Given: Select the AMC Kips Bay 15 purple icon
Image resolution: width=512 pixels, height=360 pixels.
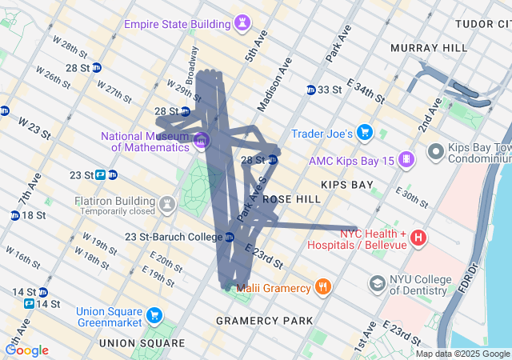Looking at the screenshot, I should pos(406,160).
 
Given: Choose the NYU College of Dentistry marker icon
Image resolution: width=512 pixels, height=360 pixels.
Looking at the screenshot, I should pos(377,283).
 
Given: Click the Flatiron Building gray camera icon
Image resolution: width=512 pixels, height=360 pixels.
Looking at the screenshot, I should pos(166,205).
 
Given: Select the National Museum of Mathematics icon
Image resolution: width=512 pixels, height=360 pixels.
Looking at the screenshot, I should pos(202,141).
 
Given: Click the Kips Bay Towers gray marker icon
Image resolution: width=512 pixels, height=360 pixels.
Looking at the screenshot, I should pos(435,150).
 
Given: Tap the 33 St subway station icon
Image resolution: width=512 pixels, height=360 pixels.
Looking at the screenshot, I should pos(311,89).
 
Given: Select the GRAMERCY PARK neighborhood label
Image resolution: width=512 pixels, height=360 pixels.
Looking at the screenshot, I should pos(265,321).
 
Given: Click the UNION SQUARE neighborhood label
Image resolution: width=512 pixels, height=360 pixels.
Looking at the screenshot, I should pos(141,342).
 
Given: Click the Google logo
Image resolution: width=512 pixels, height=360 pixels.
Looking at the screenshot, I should pos(26,350).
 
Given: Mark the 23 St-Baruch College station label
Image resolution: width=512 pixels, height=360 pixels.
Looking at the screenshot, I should pos(174,237).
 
